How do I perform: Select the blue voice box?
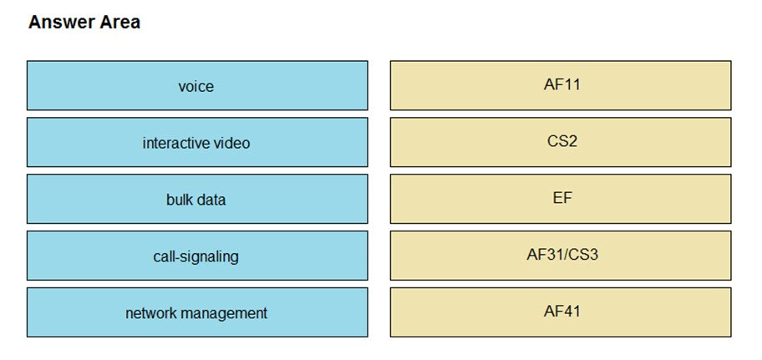point(197,85)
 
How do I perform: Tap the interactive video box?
point(197,142)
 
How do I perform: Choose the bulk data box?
point(197,199)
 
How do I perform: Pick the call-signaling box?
point(197,256)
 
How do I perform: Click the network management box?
point(197,312)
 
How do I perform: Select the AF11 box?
point(561,85)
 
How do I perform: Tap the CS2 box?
point(561,142)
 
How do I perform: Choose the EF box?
point(561,199)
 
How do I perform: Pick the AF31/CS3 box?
point(561,256)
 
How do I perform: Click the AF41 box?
point(561,312)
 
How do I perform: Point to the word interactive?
point(175,143)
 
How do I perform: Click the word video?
point(231,143)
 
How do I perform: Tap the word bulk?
point(180,200)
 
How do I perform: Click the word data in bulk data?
point(211,200)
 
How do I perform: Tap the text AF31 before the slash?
point(543,254)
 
